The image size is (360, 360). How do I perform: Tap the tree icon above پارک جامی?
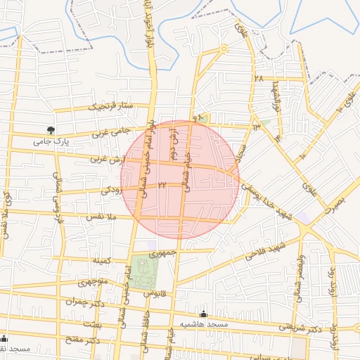click(51, 129)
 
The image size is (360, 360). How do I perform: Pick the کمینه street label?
click(102, 260)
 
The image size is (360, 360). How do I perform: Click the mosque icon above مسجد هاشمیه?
click(204, 314)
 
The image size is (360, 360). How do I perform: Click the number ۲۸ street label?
click(259, 79)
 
